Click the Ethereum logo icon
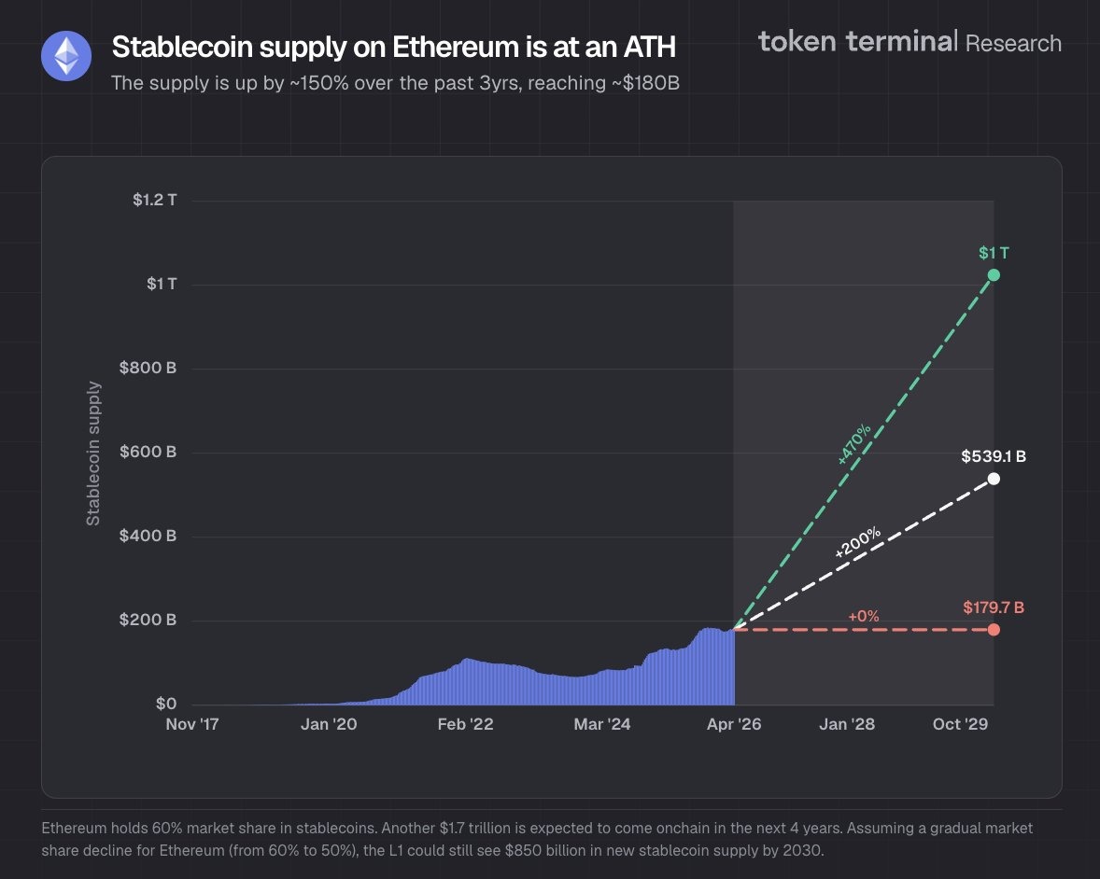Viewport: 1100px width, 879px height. click(65, 56)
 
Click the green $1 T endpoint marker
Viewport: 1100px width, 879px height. click(994, 274)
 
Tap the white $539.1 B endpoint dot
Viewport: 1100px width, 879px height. click(994, 479)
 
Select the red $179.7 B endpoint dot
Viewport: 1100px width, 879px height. click(994, 629)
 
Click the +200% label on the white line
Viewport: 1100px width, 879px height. click(857, 543)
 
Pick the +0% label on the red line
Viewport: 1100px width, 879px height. click(864, 616)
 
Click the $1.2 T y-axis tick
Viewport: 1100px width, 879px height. click(154, 200)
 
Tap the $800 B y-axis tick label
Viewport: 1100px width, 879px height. click(148, 368)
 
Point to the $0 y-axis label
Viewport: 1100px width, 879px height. click(164, 704)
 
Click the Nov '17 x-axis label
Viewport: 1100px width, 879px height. click(191, 724)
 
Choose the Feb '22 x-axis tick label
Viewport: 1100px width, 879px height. click(465, 724)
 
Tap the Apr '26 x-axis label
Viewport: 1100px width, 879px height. click(734, 724)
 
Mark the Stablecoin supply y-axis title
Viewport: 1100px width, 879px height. click(93, 453)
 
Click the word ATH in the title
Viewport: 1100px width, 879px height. click(643, 47)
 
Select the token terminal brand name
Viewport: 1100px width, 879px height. click(857, 41)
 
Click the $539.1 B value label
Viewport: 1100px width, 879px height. click(994, 456)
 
